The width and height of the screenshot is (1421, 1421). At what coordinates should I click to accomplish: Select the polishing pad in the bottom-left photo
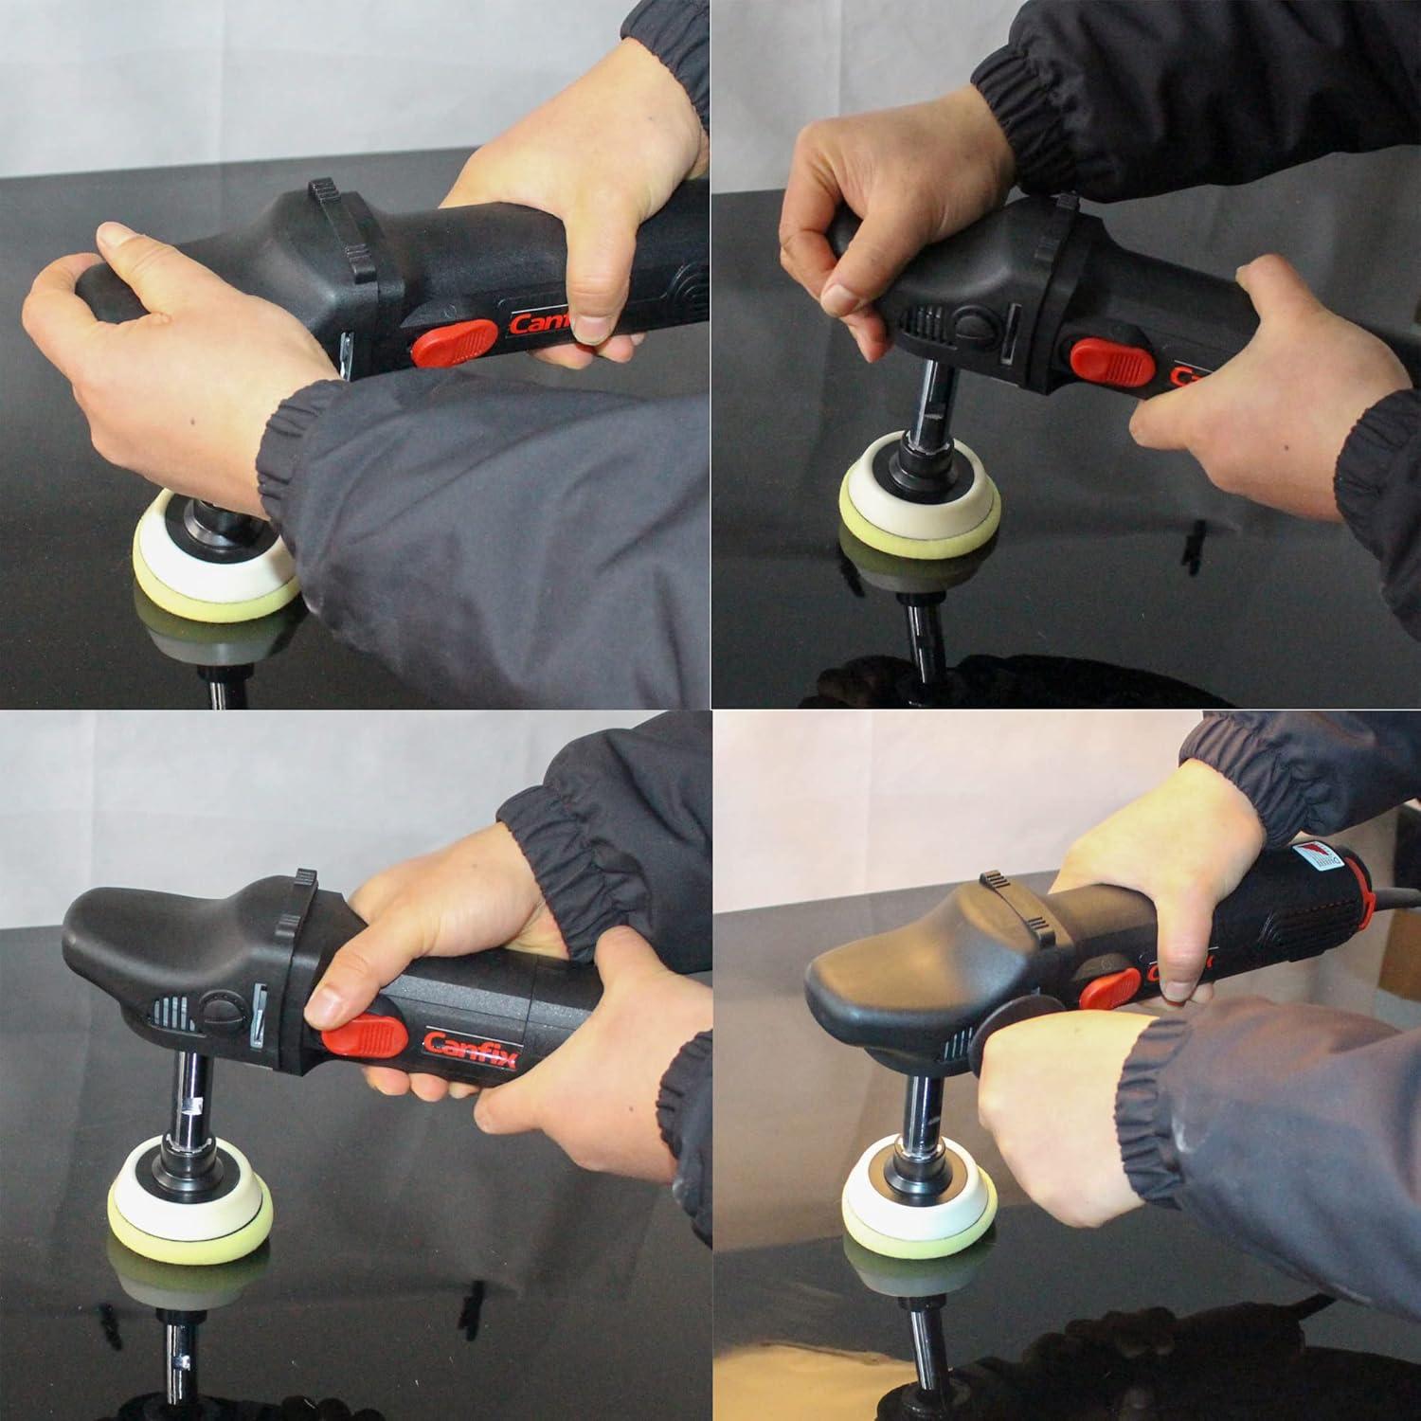[185, 1222]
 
